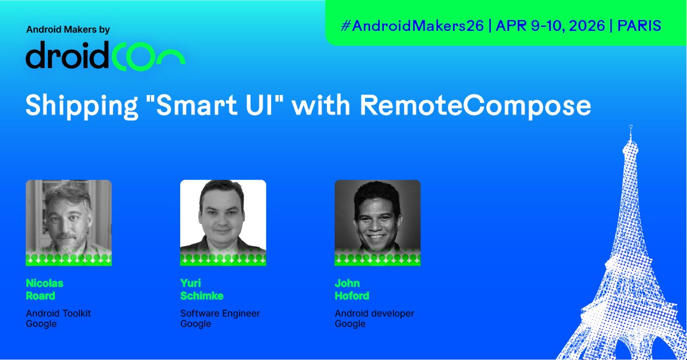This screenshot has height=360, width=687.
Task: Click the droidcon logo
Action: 105,56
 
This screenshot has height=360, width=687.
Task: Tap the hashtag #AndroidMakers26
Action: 412,26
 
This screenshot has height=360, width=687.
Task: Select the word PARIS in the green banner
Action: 639,26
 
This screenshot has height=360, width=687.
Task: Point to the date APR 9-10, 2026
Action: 550,26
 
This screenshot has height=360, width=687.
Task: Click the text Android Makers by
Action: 67,29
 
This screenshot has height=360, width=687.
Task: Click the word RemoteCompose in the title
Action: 476,105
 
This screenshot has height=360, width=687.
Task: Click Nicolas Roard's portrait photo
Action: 69,223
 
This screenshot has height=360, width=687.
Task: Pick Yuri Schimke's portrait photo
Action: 223,223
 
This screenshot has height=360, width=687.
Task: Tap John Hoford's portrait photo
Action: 378,223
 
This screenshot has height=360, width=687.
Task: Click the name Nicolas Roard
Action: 45,290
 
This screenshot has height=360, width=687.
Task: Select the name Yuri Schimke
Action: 202,290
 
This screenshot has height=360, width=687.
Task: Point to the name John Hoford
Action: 352,290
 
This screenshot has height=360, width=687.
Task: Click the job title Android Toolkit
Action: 58,313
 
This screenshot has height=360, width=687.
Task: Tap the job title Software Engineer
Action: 220,313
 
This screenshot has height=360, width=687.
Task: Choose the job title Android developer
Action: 375,313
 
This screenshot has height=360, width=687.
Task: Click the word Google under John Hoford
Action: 350,324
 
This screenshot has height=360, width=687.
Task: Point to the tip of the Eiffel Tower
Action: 631,125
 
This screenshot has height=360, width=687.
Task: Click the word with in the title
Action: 321,105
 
